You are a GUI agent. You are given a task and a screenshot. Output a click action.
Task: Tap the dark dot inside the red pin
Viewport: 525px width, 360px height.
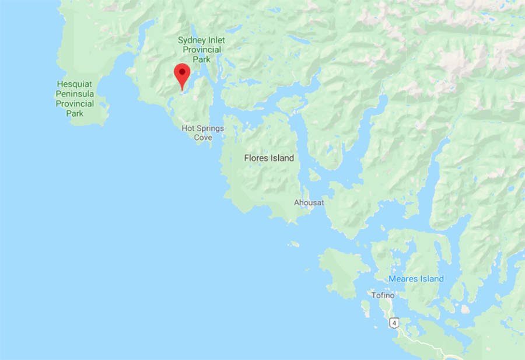coord(183,72)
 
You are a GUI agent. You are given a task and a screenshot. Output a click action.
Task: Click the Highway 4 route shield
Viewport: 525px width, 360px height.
coord(395,322)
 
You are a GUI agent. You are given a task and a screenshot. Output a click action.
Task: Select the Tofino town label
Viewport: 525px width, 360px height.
coord(383,295)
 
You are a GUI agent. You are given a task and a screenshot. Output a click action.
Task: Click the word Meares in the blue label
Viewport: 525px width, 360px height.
coord(404,279)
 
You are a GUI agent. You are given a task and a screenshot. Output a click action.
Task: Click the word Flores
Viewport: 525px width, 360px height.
coord(257,158)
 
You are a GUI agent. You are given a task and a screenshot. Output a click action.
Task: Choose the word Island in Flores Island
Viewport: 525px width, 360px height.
coord(282,158)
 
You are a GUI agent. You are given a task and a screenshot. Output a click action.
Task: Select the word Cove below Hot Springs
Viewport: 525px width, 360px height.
coord(203,138)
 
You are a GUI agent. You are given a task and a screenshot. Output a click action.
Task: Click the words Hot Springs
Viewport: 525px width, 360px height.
coord(202,128)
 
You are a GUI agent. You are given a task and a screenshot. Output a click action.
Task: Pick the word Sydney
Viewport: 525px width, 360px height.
coord(191,40)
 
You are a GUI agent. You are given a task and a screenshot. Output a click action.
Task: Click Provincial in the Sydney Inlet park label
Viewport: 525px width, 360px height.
coord(202,50)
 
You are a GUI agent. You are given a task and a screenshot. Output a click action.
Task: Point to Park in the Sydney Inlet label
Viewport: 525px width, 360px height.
coord(202,59)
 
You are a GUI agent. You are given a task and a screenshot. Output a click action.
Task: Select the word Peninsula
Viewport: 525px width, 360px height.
coord(75,94)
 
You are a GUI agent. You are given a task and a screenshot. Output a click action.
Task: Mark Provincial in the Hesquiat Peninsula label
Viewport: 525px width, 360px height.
coord(75,104)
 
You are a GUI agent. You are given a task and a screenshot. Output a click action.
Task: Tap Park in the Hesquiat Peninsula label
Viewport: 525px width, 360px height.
coord(75,113)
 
